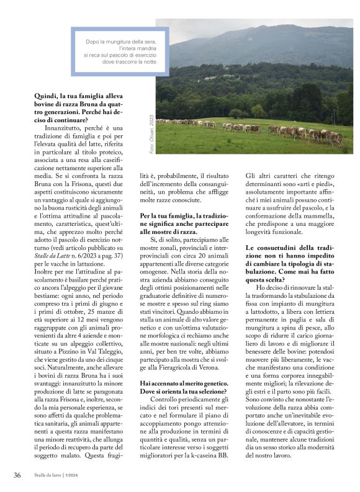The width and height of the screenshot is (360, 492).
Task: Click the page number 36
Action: tap(17, 475)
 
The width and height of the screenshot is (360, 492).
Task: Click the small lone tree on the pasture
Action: tap(236, 114)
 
